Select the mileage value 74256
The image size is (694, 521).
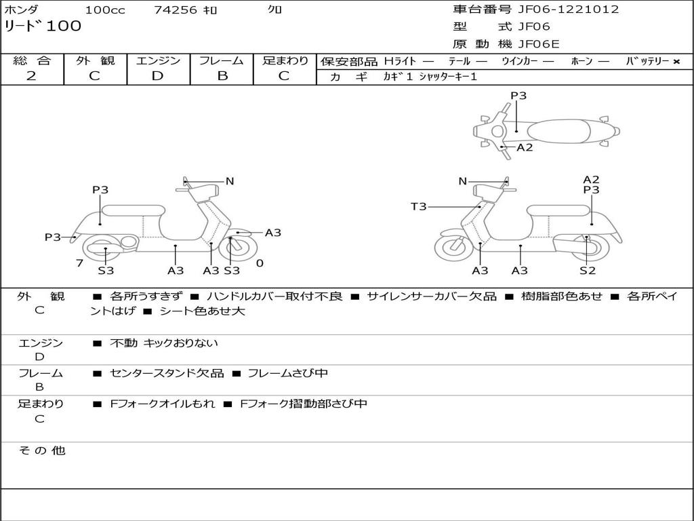(175, 10)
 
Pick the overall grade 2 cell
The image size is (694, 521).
(31, 76)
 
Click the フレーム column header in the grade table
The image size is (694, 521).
(222, 61)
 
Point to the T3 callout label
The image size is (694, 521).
(418, 206)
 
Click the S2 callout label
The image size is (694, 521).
(587, 271)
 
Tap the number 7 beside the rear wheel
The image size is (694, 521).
(79, 263)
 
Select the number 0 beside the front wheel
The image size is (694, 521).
(260, 263)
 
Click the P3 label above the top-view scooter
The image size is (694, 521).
(518, 96)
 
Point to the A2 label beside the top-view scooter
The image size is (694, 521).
(525, 147)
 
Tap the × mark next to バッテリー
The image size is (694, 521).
(676, 62)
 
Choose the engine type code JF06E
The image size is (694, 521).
(539, 44)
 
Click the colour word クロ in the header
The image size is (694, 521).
(274, 10)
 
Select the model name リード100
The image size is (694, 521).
(43, 26)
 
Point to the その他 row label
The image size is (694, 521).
(41, 450)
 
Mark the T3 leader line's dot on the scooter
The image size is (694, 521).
(479, 206)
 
